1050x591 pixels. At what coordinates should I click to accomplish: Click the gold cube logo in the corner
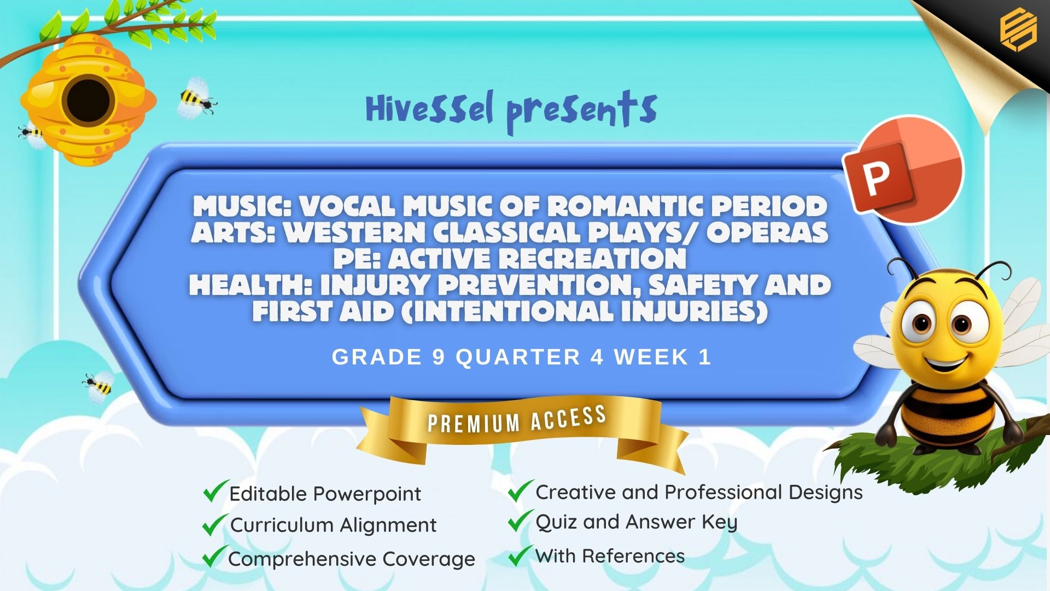pos(1018,31)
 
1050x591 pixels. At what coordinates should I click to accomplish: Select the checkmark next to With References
pos(520,555)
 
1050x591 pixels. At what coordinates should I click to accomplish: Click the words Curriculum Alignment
pos(333,525)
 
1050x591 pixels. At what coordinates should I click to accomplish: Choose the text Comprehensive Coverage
pos(352,559)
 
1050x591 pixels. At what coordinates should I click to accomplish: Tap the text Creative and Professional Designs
pos(699,492)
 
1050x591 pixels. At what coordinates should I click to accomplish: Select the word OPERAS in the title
pos(768,233)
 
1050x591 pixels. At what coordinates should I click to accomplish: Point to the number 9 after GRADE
pos(439,357)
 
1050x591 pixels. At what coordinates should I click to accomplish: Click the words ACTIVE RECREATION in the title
pos(538,259)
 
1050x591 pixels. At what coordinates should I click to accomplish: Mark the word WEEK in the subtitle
pos(651,357)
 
